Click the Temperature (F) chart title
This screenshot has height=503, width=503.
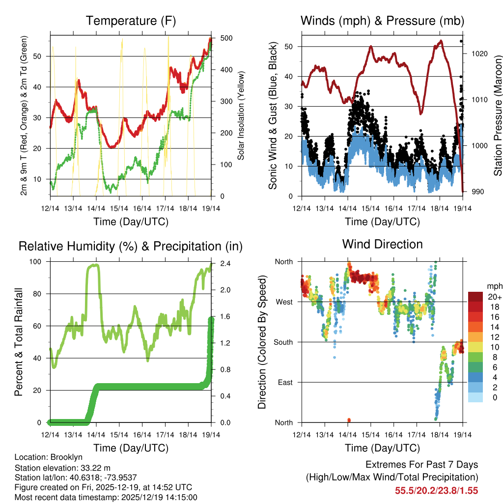[131, 21]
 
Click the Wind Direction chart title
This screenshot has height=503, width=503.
[382, 244]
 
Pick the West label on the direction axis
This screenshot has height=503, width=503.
[283, 302]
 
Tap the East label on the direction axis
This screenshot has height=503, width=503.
[284, 382]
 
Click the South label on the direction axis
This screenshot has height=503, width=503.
[282, 342]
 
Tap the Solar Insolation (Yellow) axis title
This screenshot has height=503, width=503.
[241, 116]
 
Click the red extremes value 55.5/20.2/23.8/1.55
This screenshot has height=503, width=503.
[436, 490]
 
